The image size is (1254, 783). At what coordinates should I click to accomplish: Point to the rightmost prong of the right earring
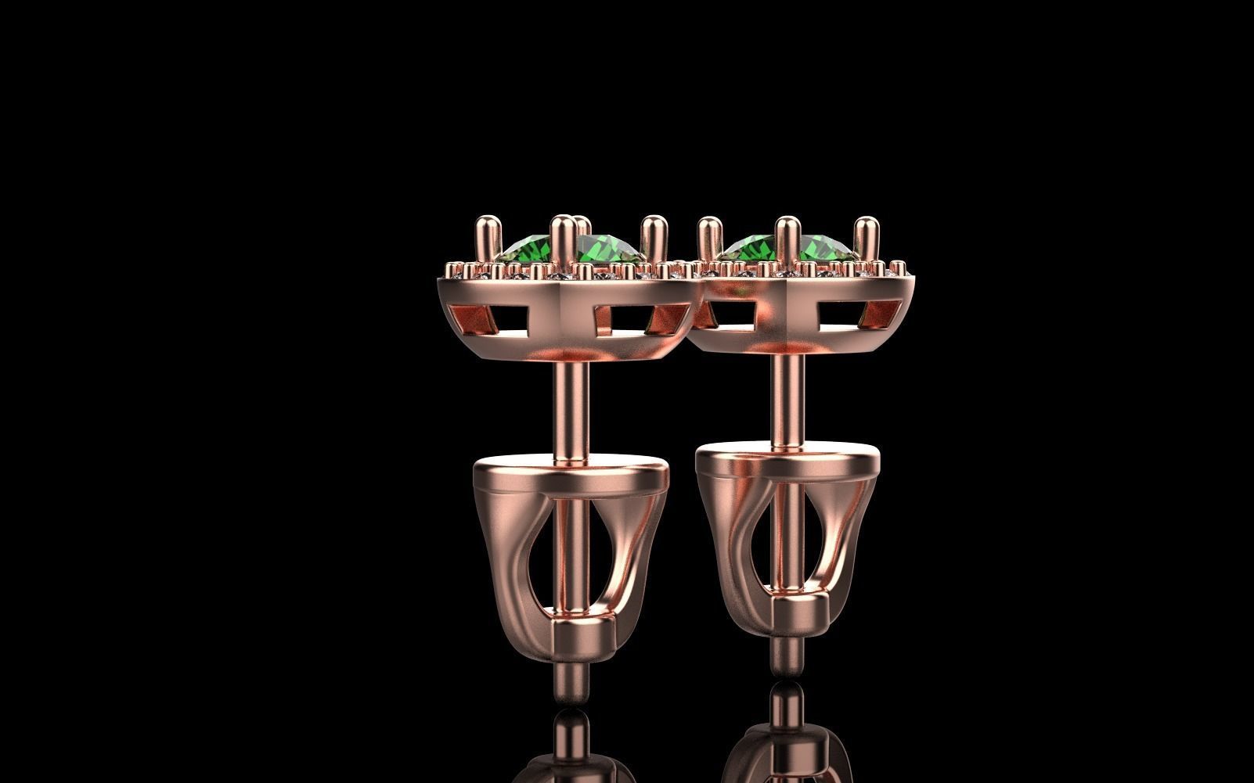pyautogui.click(x=863, y=238)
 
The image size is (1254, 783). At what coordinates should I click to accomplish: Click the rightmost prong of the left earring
pyautogui.click(x=651, y=239)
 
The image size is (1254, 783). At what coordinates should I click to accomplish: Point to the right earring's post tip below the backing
pyautogui.click(x=786, y=650)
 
